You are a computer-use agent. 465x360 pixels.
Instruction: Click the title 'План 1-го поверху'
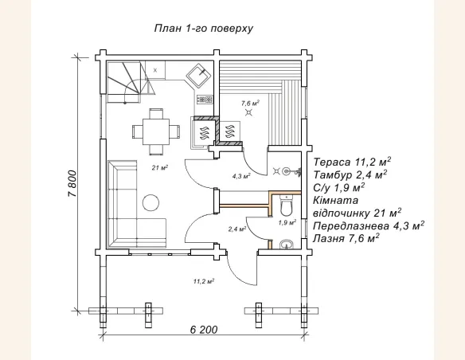[x=204, y=29]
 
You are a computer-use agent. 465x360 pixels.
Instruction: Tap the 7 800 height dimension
[x=72, y=184]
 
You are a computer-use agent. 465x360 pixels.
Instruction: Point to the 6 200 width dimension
[x=204, y=330]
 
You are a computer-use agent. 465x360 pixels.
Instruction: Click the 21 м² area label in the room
[x=160, y=168]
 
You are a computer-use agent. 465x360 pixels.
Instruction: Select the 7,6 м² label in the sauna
[x=251, y=104]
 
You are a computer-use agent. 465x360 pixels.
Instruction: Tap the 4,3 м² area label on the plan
[x=241, y=176]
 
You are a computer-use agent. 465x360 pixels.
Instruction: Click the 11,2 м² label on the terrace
[x=204, y=281]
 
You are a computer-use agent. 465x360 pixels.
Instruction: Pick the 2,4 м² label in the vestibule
[x=237, y=229]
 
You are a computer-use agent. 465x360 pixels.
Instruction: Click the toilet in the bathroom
[x=287, y=205]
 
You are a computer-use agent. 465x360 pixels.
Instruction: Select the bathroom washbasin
[x=287, y=245]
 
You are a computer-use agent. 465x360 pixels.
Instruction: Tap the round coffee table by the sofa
[x=150, y=202]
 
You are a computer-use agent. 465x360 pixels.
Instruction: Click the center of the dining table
[x=156, y=131]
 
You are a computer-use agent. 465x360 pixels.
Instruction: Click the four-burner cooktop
[x=205, y=100]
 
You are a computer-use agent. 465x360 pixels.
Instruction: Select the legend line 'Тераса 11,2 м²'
[x=352, y=162]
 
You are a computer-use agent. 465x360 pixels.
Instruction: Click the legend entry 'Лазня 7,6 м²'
[x=346, y=238]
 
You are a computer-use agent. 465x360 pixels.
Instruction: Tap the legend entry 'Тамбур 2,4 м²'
[x=350, y=174]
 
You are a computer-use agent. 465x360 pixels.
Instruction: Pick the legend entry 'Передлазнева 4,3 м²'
[x=369, y=225]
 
